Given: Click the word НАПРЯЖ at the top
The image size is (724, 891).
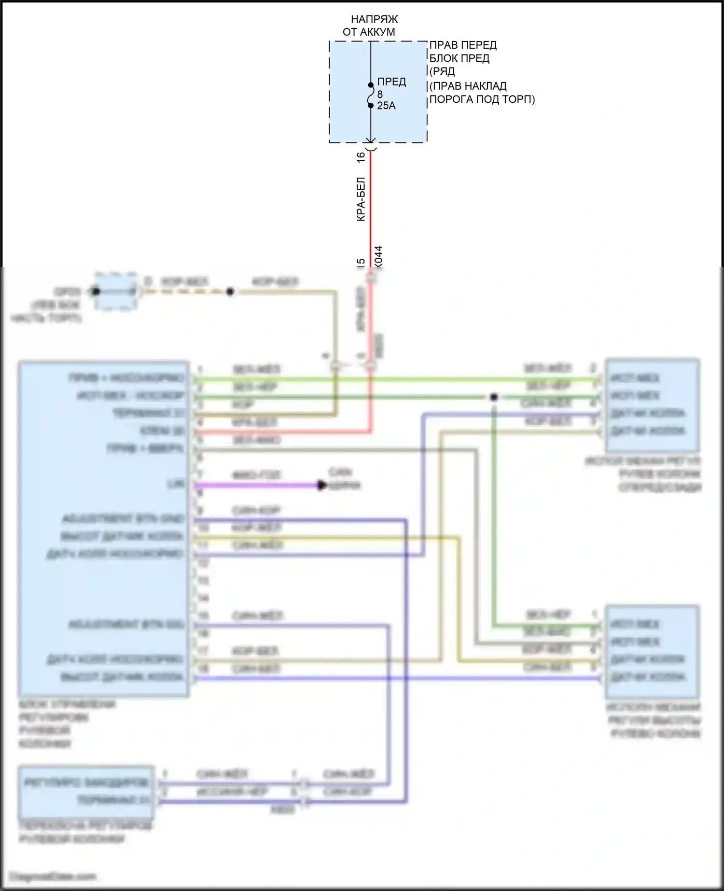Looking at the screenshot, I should tap(374, 19).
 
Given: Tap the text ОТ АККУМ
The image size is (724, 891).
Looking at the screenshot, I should tap(369, 32).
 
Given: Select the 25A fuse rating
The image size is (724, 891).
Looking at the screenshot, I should tap(386, 106).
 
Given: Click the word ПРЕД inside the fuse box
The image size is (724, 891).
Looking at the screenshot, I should tap(391, 82).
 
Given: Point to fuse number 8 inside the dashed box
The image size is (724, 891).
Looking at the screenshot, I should tap(380, 95).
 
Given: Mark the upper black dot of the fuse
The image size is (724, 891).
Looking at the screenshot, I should tap(371, 85).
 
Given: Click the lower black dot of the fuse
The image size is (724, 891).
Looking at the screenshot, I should tap(371, 106).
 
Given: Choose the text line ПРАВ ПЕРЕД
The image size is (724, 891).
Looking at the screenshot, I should tap(463, 45).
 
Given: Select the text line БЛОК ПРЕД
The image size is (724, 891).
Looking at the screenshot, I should tap(459, 58).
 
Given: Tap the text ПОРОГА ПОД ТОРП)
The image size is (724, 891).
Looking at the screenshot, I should tap(482, 99).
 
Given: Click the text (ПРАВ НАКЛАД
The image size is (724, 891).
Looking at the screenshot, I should tap(468, 86).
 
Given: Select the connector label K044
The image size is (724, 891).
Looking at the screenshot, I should tap(378, 257).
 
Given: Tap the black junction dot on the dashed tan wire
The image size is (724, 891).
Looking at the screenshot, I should tap(230, 292).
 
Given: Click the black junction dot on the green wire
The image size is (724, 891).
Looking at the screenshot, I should tap(493, 397).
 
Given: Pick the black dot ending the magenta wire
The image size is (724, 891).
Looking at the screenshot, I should tap(321, 485).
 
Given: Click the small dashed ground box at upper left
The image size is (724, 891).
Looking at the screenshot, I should tap(115, 291).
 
